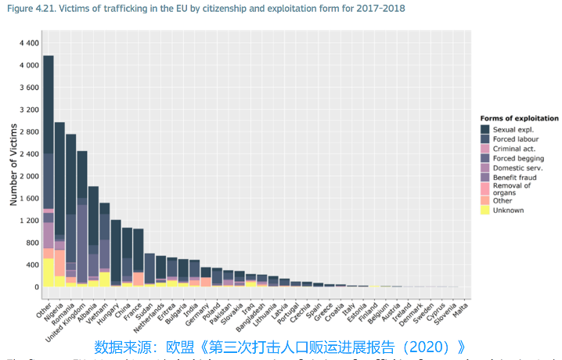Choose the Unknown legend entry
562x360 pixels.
click(x=509, y=210)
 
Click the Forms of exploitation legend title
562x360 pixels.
click(x=519, y=118)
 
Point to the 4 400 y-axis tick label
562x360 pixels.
click(x=28, y=43)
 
